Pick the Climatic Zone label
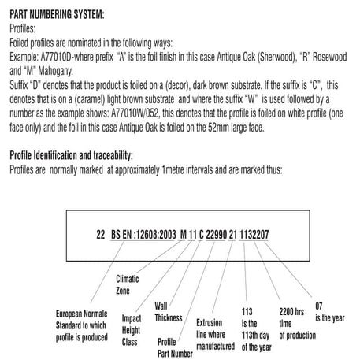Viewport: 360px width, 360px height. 129,284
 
